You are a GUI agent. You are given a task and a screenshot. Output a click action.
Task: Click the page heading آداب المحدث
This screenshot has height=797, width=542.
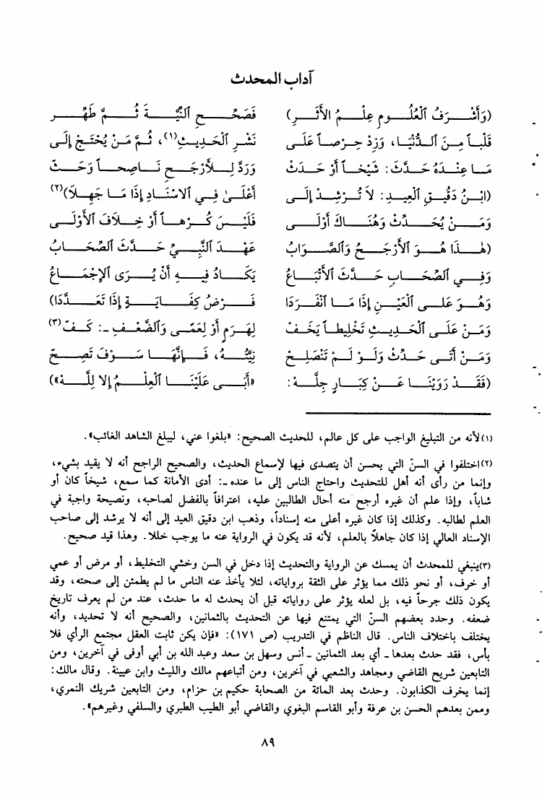coord(272,80)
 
